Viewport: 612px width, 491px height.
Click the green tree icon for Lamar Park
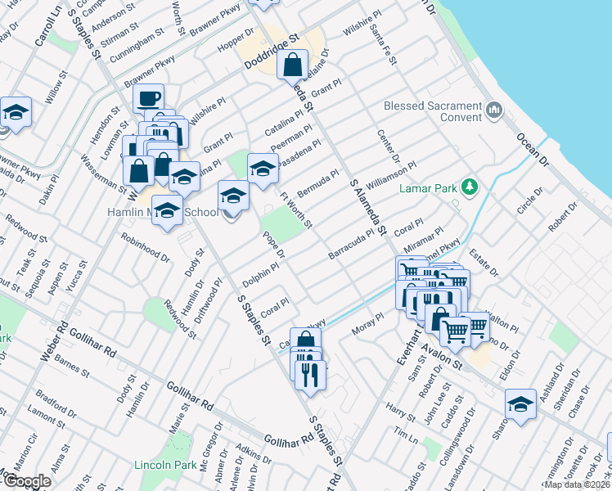pyautogui.click(x=469, y=188)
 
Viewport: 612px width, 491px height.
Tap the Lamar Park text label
pyautogui.click(x=429, y=188)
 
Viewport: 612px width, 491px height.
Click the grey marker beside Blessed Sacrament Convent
pyautogui.click(x=493, y=110)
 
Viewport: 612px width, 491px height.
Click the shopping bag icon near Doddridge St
pyautogui.click(x=292, y=64)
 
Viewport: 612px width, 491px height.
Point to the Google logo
pyautogui.click(x=28, y=481)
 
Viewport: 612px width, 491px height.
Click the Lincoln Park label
pyautogui.click(x=165, y=465)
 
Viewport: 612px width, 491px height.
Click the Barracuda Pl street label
pyautogui.click(x=356, y=244)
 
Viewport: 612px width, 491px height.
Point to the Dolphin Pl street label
pyautogui.click(x=261, y=275)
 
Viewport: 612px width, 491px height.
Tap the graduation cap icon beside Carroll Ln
pyautogui.click(x=15, y=111)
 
